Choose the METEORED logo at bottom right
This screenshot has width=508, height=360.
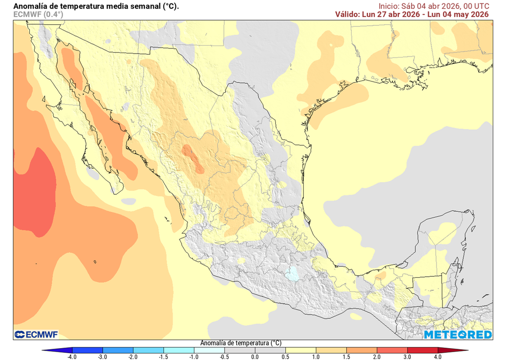457,335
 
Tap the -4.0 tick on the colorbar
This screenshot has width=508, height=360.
72,356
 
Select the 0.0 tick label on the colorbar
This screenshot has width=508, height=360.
254,356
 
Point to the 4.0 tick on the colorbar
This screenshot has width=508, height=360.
438,356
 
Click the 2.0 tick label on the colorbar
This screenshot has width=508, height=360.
377,356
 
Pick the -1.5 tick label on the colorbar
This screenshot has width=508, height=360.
163,356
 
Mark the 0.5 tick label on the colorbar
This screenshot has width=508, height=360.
285,356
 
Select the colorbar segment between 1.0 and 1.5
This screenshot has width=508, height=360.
330,350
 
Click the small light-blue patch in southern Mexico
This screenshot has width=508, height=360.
294,274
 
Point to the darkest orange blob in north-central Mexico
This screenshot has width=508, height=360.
192,158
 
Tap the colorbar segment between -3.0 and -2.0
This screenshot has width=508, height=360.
118,350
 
